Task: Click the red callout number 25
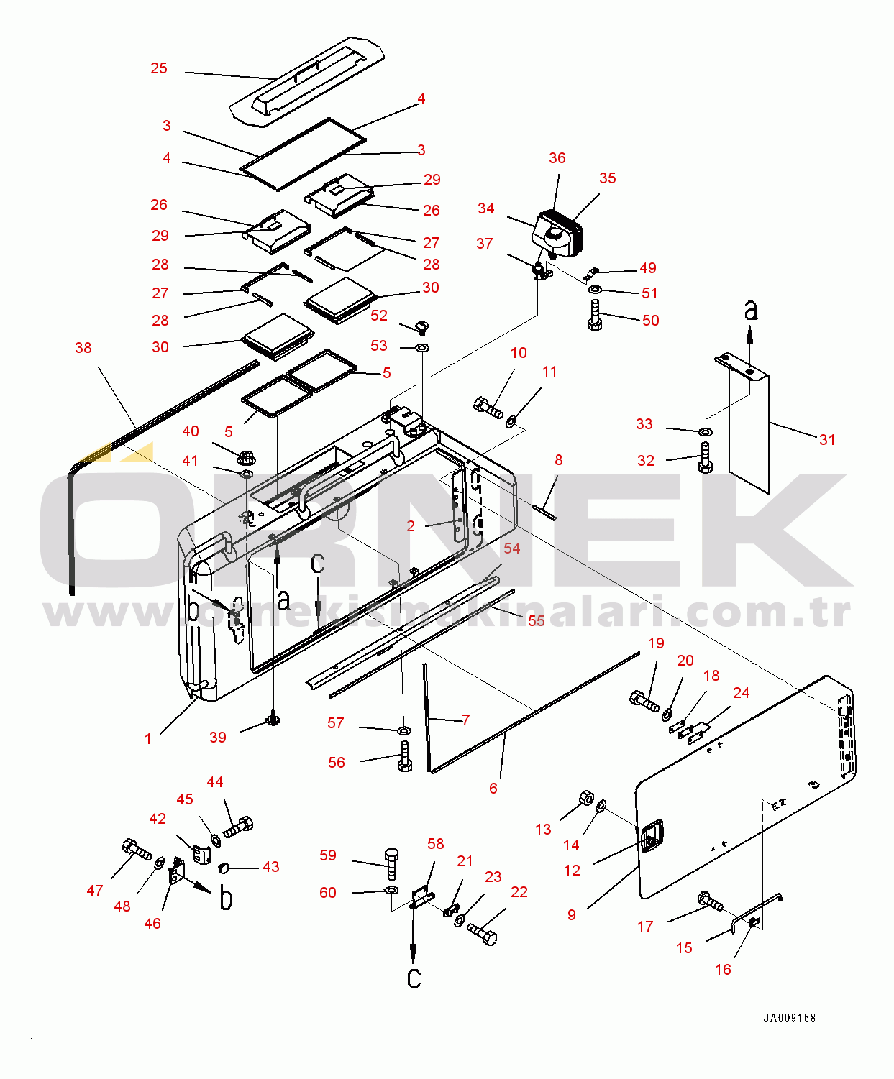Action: (x=159, y=68)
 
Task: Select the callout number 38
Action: (x=83, y=348)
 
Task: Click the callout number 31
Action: (x=827, y=440)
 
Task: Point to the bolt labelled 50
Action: (x=595, y=315)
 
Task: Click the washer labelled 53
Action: (x=422, y=348)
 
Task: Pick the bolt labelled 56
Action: (x=404, y=757)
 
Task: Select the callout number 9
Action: (x=571, y=914)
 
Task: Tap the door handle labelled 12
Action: (x=652, y=835)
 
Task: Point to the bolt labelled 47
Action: (x=137, y=850)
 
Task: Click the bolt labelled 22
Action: (x=483, y=935)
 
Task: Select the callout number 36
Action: (x=557, y=158)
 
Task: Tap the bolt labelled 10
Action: (x=488, y=407)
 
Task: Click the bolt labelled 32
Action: (x=706, y=456)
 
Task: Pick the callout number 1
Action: (x=148, y=739)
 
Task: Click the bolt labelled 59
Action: (x=391, y=863)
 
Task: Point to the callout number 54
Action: (x=512, y=548)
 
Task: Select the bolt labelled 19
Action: (x=644, y=701)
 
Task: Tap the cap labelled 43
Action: (x=224, y=867)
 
